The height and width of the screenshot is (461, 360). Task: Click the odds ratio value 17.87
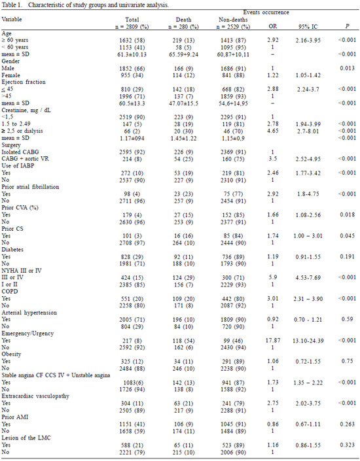coord(272,340)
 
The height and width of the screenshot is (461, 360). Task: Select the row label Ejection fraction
coord(24,82)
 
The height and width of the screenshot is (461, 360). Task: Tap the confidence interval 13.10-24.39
coord(308,341)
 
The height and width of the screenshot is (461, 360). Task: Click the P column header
coord(348,26)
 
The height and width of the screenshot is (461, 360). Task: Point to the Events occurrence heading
coord(266,12)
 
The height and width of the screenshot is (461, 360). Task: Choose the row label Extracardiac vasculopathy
coord(35,396)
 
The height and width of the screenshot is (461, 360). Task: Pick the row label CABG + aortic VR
coord(25,158)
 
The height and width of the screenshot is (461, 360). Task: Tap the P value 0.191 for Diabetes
coord(347,256)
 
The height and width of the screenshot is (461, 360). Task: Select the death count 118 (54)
coord(183,341)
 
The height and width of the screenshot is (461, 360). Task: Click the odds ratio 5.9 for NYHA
coord(272,277)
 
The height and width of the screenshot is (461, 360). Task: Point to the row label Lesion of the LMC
coord(26,437)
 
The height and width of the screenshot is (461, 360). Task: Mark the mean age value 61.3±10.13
coord(132,54)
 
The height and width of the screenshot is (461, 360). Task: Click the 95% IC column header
coord(308,26)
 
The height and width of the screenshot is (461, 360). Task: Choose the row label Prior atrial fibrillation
coord(30,187)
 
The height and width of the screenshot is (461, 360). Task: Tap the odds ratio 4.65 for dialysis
coord(272,131)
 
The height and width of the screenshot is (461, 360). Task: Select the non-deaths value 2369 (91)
coord(233,152)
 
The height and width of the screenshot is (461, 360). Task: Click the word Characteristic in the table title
coord(45,5)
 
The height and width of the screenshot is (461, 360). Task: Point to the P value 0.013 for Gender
coord(347,68)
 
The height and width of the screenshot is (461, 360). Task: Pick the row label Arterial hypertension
coord(29,313)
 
